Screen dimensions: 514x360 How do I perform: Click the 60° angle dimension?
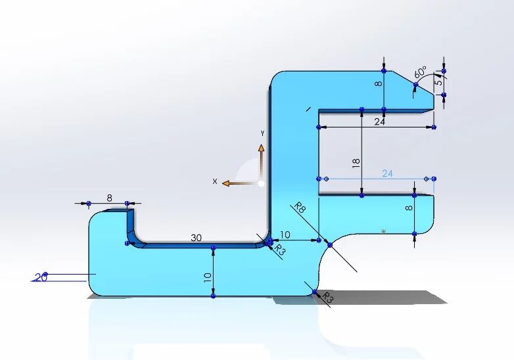(x=420, y=72)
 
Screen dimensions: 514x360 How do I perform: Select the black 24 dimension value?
(x=379, y=122)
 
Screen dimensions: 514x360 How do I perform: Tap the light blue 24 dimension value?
(x=387, y=173)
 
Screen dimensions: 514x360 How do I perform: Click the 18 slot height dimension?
(x=356, y=163)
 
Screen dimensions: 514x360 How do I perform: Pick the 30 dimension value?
(x=196, y=238)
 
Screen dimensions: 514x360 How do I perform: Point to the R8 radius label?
(x=300, y=208)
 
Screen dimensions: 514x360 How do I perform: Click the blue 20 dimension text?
(x=41, y=278)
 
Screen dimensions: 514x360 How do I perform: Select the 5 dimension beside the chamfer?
(x=438, y=81)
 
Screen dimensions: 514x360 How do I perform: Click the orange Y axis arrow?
(x=261, y=161)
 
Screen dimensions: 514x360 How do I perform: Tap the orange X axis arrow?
(x=239, y=183)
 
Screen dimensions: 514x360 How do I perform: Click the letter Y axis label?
(x=262, y=133)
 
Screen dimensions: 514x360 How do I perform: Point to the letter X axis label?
(x=215, y=181)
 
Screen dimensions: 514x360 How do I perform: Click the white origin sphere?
(x=261, y=183)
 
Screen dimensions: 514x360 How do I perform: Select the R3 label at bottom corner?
(x=327, y=298)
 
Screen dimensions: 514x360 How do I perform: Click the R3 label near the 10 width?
(x=279, y=250)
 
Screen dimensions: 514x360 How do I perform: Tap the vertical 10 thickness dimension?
(x=208, y=278)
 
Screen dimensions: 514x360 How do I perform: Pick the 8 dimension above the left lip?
(x=110, y=198)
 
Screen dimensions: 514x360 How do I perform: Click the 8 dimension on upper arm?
(x=379, y=83)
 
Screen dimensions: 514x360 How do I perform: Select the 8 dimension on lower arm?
(x=409, y=208)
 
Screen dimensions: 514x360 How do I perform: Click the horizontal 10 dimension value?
(x=285, y=235)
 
